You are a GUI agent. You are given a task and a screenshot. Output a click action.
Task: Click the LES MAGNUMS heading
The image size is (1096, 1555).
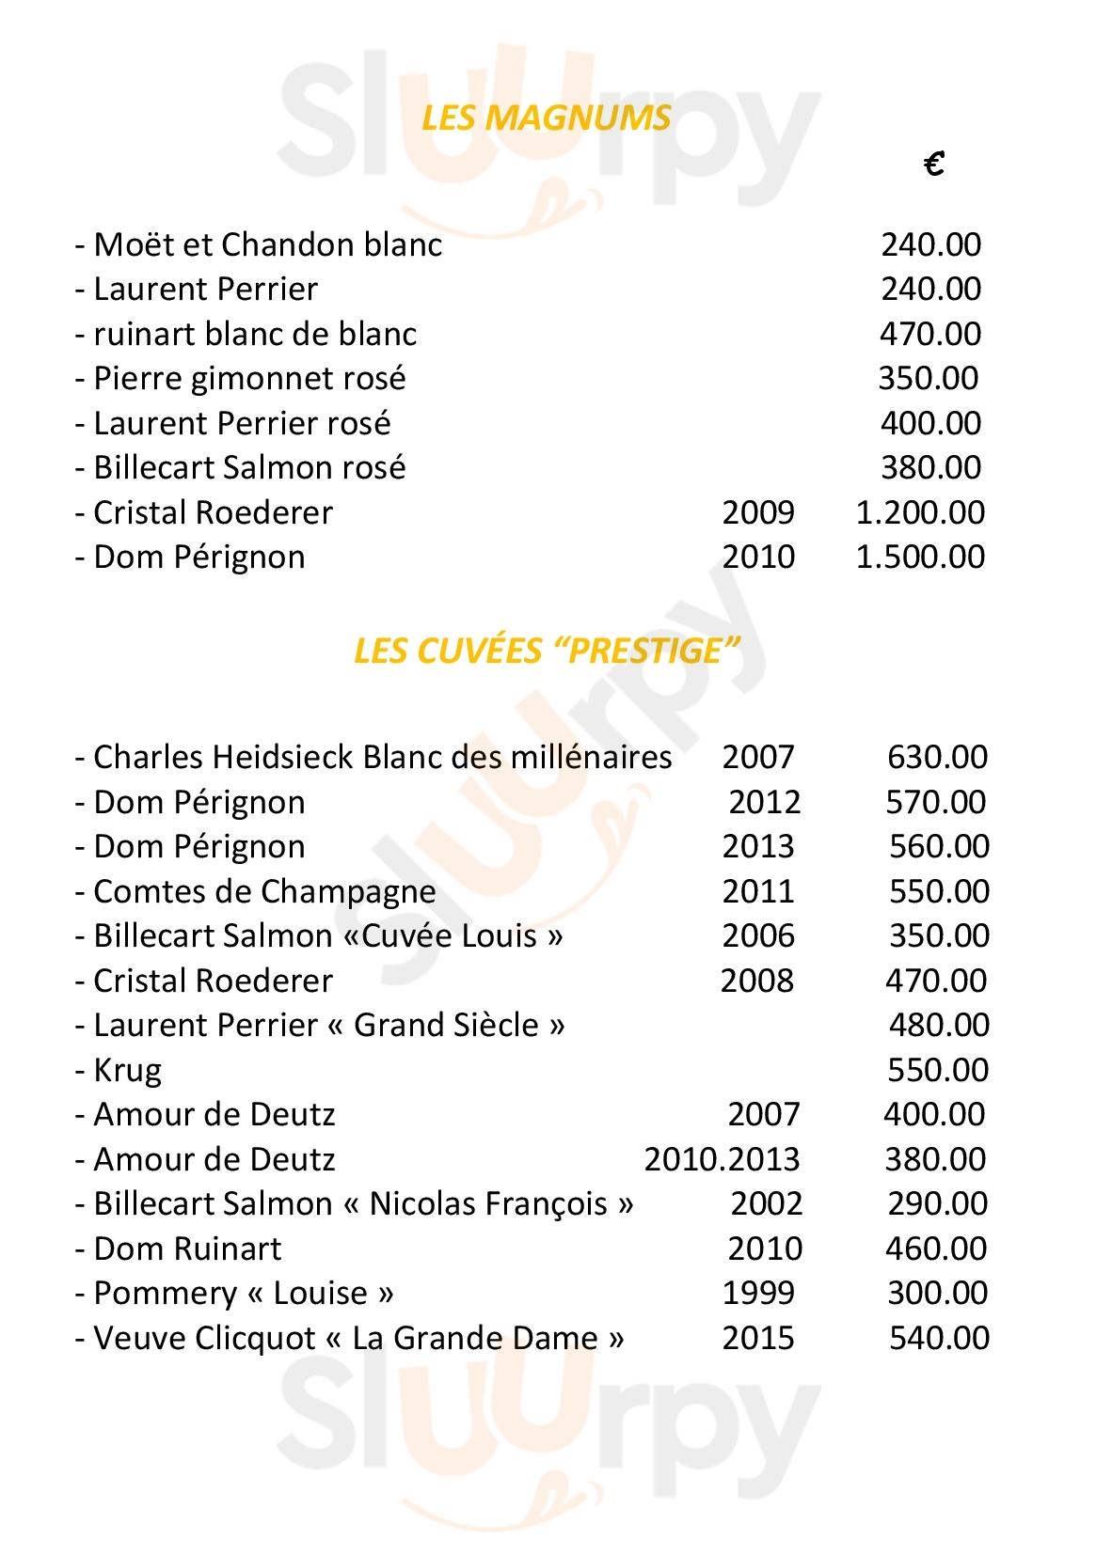click(546, 118)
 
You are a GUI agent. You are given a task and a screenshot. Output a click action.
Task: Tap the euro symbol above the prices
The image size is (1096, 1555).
click(933, 165)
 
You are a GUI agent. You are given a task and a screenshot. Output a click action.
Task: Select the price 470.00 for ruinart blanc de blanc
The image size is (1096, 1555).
click(929, 334)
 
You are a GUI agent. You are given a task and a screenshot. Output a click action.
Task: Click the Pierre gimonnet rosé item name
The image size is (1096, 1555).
click(249, 379)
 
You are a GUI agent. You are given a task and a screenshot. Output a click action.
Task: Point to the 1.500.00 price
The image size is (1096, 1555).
click(919, 557)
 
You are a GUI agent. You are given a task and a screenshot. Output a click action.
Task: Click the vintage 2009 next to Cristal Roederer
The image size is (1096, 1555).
click(757, 512)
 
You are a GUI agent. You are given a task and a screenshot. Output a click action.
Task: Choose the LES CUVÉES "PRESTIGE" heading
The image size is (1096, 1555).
click(547, 651)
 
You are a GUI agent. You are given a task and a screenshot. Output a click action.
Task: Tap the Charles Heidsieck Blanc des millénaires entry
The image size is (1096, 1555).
click(382, 757)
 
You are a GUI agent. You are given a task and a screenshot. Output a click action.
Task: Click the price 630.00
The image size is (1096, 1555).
click(937, 757)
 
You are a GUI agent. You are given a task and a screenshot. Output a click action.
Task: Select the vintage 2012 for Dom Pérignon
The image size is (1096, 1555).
click(764, 802)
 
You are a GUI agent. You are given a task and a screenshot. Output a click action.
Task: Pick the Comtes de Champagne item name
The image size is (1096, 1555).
click(264, 891)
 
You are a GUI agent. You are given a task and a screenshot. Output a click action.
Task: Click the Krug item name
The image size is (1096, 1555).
click(127, 1070)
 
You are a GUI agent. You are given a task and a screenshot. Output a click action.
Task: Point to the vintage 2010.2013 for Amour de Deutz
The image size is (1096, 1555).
click(722, 1159)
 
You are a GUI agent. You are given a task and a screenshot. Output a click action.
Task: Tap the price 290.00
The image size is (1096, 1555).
click(937, 1203)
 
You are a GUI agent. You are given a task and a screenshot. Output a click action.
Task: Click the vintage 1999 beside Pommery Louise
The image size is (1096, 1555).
click(757, 1293)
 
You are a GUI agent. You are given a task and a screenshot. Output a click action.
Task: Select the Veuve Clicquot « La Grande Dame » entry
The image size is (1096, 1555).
click(357, 1338)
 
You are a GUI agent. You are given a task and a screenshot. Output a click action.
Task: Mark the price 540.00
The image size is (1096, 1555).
click(939, 1338)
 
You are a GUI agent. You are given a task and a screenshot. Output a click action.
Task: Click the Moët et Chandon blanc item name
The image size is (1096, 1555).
click(267, 244)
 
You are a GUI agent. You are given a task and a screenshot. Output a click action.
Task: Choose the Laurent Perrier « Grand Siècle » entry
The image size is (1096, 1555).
click(328, 1025)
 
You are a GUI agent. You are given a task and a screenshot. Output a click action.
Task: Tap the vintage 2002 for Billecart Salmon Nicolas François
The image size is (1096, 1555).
click(766, 1203)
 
